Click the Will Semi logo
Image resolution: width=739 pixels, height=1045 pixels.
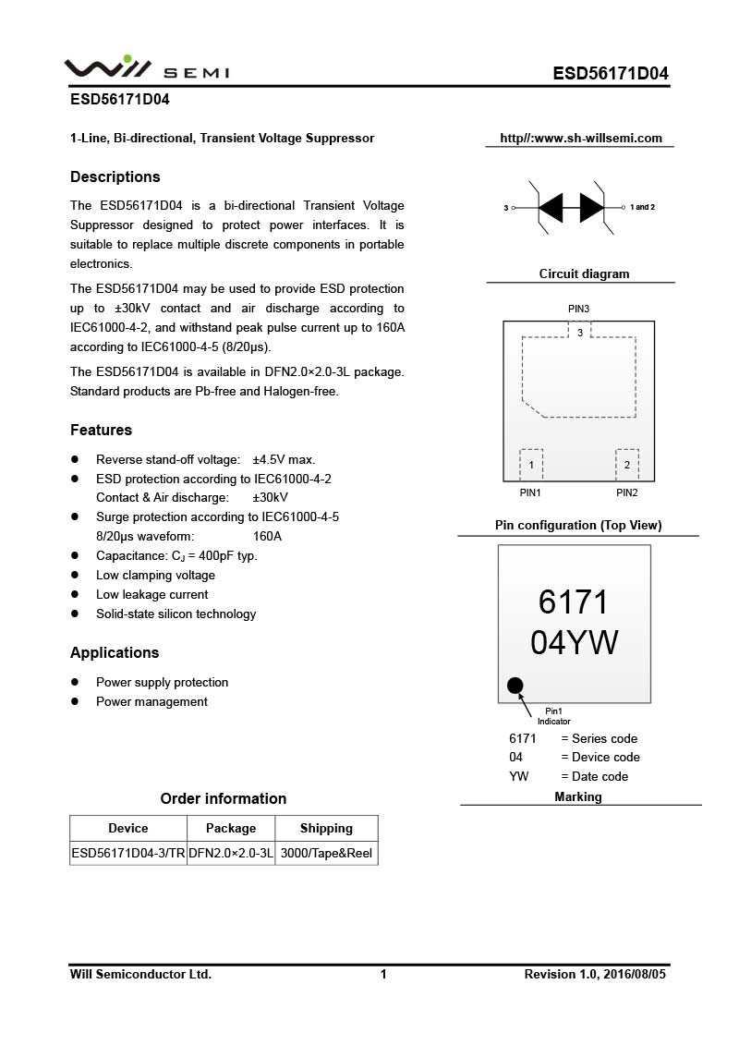point(146,68)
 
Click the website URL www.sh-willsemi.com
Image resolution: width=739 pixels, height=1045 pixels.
point(581,139)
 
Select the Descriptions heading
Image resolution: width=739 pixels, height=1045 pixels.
point(115,177)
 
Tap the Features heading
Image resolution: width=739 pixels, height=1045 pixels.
point(101,431)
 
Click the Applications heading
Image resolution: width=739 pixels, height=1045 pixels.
point(115,653)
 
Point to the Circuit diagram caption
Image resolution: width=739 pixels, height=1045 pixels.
point(584,273)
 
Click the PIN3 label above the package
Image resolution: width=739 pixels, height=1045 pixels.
point(578,309)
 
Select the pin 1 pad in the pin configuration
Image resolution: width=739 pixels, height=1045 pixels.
point(531,465)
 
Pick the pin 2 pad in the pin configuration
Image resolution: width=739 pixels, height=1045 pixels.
point(627,465)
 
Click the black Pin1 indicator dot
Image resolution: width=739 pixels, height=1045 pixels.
point(515,686)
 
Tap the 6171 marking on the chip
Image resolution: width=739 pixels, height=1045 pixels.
point(574,602)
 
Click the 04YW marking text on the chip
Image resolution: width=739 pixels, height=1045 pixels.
point(574,642)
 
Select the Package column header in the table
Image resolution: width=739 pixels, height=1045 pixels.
point(231,829)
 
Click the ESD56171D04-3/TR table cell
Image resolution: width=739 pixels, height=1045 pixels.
point(128,853)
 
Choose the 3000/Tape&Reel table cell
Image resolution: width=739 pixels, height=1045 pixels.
point(326,853)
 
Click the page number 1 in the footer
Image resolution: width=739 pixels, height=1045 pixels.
point(383,974)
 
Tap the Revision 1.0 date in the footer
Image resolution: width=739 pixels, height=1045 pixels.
point(595,974)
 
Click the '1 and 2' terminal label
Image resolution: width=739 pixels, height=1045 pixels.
point(642,207)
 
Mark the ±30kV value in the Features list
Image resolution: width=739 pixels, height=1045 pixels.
point(270,498)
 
